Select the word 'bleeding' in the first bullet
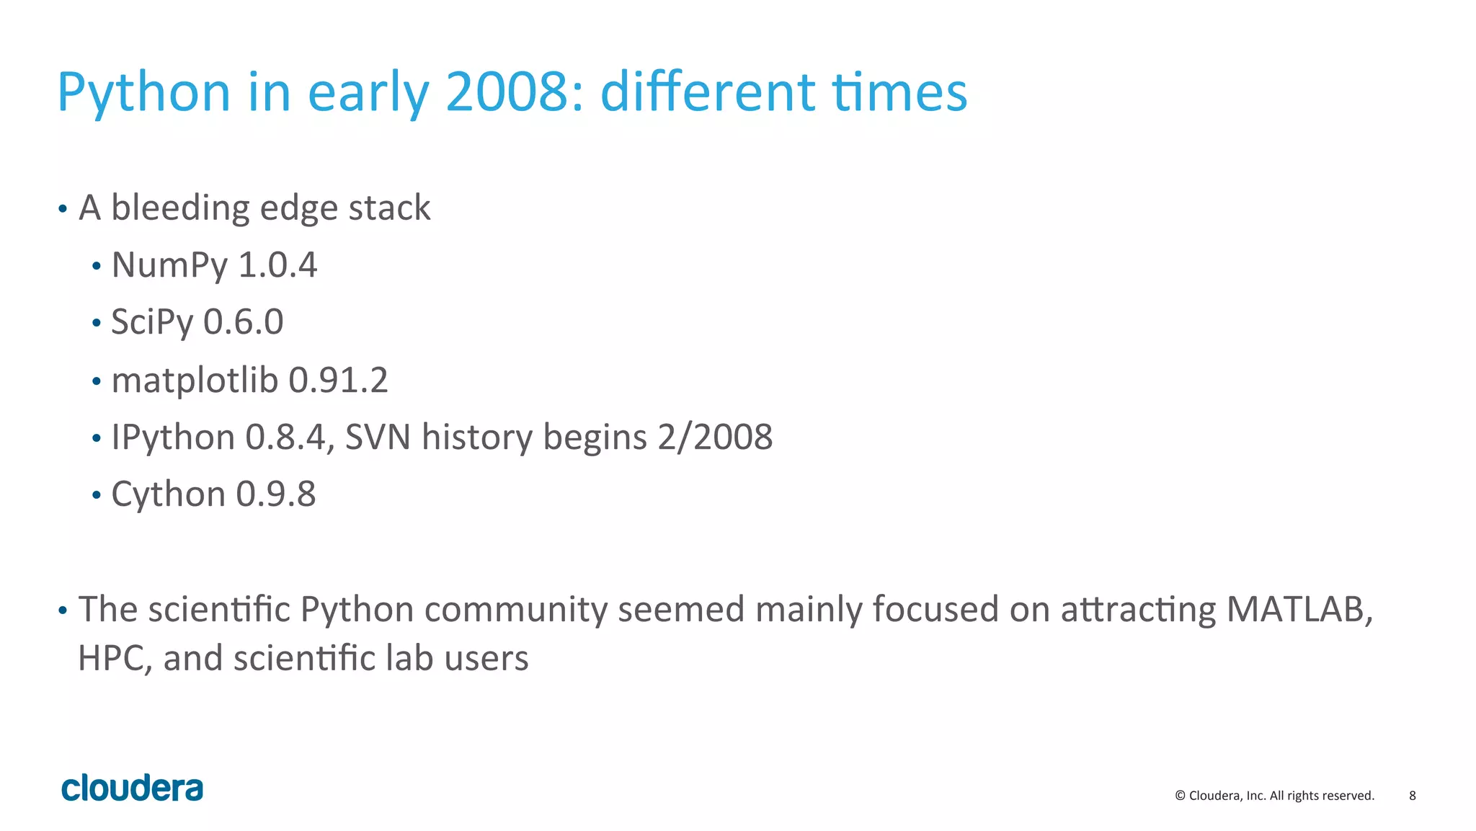point(179,208)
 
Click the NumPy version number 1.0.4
point(277,265)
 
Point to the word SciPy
point(151,323)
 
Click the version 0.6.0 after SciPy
point(244,322)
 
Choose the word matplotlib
point(195,380)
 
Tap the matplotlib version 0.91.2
point(338,381)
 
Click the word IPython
point(173,437)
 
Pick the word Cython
point(168,494)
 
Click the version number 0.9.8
point(276,494)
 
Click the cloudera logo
point(132,788)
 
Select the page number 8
point(1412,796)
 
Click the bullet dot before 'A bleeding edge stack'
point(63,210)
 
